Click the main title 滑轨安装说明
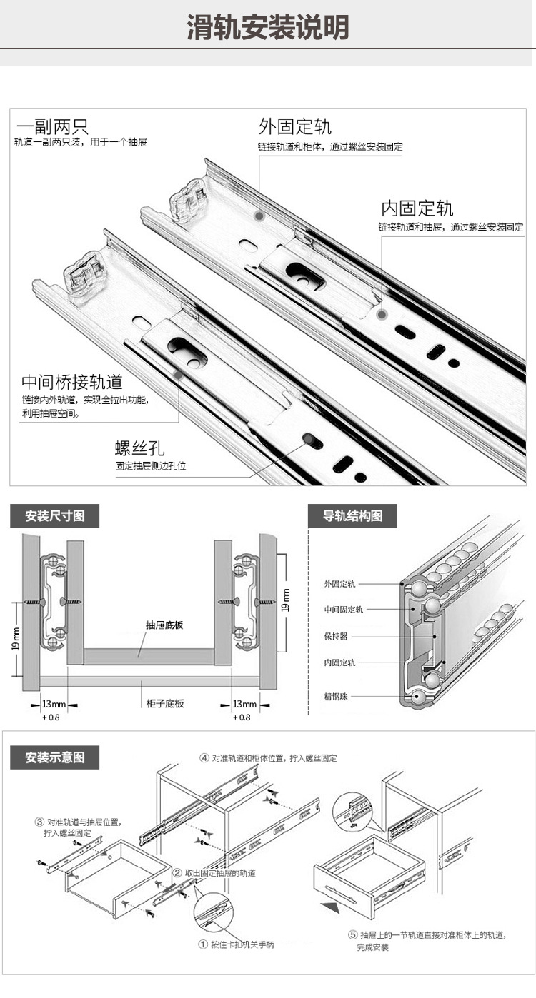(268, 27)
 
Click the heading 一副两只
(52, 127)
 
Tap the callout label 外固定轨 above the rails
(294, 127)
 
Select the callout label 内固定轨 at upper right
(417, 208)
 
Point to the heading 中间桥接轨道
(71, 381)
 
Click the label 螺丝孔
(139, 448)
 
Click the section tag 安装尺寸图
(54, 515)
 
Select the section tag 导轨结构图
(352, 515)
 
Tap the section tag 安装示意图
(54, 757)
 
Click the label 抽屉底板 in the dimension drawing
(164, 625)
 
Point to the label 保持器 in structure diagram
(336, 636)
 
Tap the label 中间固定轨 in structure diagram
(343, 610)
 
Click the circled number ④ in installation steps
(204, 758)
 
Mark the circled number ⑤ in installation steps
(352, 934)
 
